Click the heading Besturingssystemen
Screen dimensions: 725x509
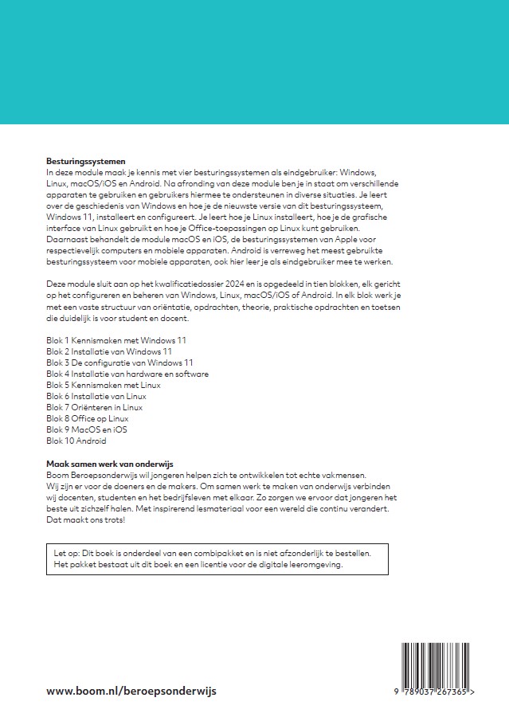[x=87, y=161]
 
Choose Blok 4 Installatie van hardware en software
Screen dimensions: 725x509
[x=127, y=374]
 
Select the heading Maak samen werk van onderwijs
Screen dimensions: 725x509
[x=110, y=464]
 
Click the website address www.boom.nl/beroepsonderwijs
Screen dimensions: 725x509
[x=131, y=691]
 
